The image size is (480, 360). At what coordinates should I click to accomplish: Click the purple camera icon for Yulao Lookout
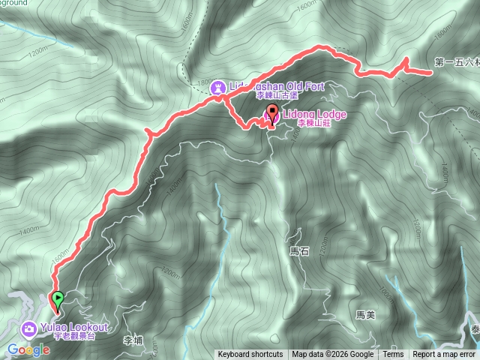click(28, 328)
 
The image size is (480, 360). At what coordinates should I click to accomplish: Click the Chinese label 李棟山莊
click(313, 123)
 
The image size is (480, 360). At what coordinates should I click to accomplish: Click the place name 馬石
click(298, 251)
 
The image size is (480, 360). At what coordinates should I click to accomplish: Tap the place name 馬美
click(365, 315)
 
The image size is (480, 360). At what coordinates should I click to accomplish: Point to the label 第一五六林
click(456, 63)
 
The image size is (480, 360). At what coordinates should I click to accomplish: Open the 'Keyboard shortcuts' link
click(250, 355)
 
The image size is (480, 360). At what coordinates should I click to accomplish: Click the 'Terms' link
click(393, 355)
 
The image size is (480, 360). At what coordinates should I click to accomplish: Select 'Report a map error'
click(444, 355)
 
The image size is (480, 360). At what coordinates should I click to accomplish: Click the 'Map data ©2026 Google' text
click(333, 355)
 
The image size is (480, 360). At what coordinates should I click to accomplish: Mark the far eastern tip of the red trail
click(431, 73)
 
